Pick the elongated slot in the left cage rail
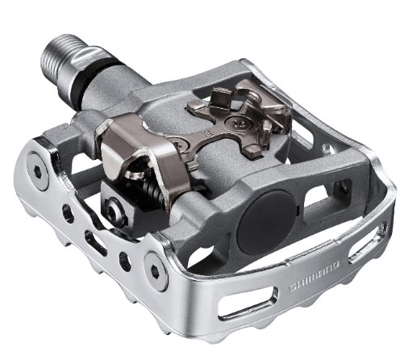[88, 238]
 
